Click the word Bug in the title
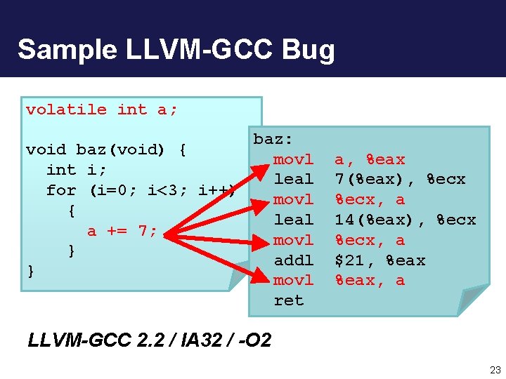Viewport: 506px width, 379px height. [x=309, y=50]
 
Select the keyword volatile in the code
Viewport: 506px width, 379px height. [x=66, y=109]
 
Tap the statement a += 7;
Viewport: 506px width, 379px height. [x=122, y=231]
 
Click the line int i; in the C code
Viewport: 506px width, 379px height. [x=77, y=170]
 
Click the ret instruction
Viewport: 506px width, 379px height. [x=288, y=300]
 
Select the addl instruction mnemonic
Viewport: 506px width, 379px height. [x=293, y=260]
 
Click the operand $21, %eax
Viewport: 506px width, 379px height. [x=379, y=260]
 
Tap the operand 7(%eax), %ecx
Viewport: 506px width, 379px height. [x=399, y=179]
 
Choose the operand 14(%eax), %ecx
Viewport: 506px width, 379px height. [x=405, y=220]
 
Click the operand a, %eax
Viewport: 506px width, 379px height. [x=370, y=159]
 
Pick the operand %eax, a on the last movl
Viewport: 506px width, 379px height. [x=370, y=280]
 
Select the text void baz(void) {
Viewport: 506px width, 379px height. [x=106, y=149]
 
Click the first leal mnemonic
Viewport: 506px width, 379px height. [x=293, y=179]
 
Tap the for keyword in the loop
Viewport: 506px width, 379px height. [x=61, y=190]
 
